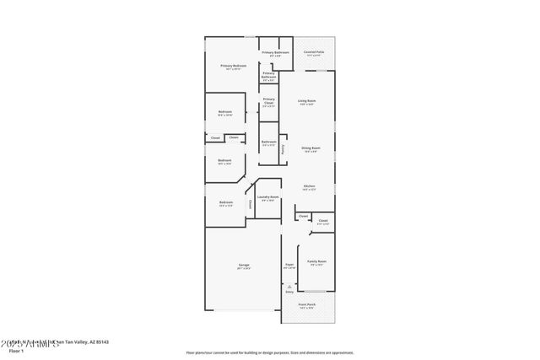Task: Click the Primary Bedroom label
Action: (232, 65)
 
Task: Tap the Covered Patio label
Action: (315, 52)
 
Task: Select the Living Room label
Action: (306, 101)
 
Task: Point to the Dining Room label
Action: (310, 148)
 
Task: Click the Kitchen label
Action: (310, 186)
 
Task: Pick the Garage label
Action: (243, 265)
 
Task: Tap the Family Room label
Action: (316, 262)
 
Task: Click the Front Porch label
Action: (309, 304)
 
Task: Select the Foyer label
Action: (289, 265)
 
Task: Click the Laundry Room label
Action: (268, 197)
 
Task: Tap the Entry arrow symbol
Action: (289, 285)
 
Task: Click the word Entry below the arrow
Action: (289, 292)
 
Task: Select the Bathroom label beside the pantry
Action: (267, 141)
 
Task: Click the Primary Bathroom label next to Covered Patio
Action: (276, 52)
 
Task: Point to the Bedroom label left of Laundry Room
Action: (226, 202)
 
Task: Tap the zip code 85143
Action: (102, 342)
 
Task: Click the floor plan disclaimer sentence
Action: (269, 352)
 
